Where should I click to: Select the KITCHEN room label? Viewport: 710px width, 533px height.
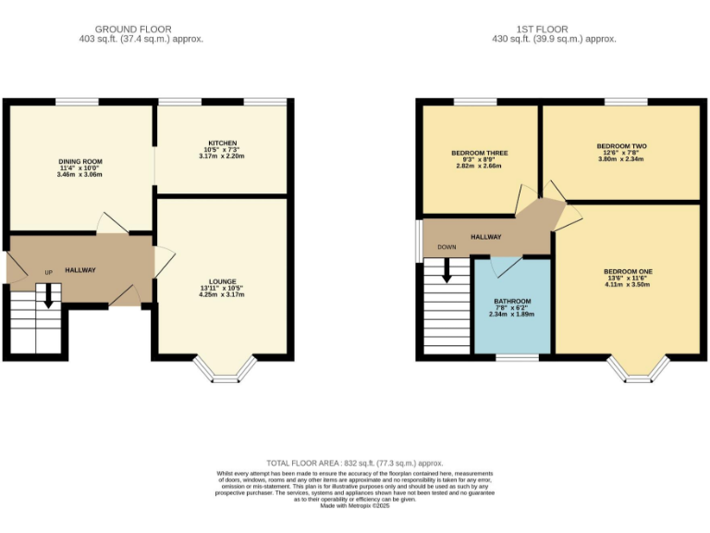pyautogui.click(x=221, y=143)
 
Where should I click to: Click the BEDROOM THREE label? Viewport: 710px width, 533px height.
pyautogui.click(x=479, y=153)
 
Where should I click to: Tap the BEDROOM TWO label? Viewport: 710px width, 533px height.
pyautogui.click(x=620, y=146)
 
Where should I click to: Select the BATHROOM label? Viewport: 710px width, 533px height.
pyautogui.click(x=511, y=302)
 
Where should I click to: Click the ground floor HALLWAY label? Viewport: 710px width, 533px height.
pyautogui.click(x=80, y=270)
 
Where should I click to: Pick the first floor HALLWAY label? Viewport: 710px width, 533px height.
pyautogui.click(x=486, y=237)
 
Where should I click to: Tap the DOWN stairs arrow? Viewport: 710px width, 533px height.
pyautogui.click(x=447, y=269)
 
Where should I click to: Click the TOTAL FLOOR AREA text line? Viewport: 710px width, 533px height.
pyautogui.click(x=355, y=463)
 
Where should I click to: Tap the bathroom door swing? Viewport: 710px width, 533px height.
pyautogui.click(x=505, y=266)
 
